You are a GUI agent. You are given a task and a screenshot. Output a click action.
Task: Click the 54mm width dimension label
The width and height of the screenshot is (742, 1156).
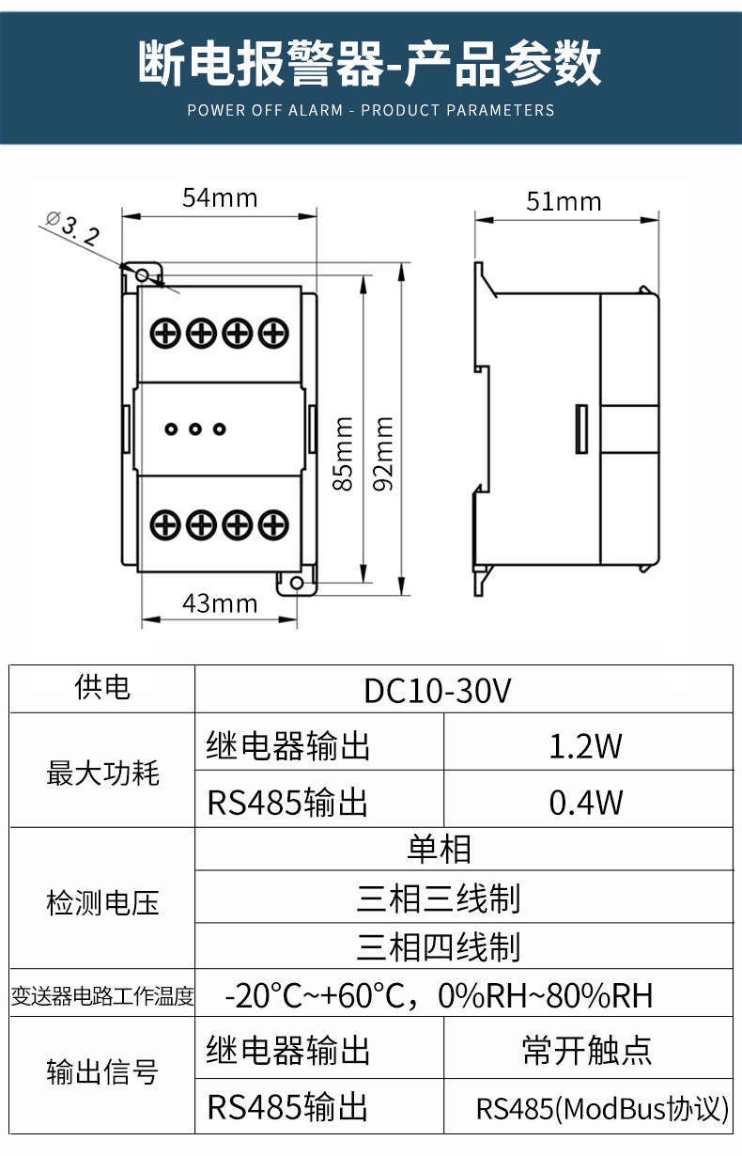pos(220,197)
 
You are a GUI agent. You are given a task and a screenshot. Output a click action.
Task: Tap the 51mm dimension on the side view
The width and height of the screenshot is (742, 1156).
pos(564,201)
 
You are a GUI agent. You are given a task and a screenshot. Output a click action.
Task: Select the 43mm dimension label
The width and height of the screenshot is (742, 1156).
pos(220,602)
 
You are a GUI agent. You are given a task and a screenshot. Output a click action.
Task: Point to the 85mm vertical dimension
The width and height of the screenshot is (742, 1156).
pos(345,453)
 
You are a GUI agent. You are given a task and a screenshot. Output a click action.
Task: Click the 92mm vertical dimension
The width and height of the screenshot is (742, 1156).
pos(383,453)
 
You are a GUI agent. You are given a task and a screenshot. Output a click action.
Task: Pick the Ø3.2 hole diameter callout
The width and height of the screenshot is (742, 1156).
pos(71,229)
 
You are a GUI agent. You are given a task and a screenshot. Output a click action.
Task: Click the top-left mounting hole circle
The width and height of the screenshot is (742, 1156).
pos(143,274)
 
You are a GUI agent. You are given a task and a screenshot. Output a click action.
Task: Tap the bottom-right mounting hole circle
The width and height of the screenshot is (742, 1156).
pos(296,584)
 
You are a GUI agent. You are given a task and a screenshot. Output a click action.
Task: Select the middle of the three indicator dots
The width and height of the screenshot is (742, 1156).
pos(195,430)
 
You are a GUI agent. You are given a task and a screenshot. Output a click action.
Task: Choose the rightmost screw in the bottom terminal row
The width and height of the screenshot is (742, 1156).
pos(272,523)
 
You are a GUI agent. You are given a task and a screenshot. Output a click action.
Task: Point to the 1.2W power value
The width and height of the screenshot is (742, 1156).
pos(586,745)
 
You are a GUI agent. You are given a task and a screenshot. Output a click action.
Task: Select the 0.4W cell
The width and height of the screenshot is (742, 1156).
pos(586,802)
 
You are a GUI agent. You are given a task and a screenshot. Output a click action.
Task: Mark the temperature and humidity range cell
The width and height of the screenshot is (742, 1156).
pos(438,994)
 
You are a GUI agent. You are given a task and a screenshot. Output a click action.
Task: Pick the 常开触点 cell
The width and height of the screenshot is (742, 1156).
pos(586,1050)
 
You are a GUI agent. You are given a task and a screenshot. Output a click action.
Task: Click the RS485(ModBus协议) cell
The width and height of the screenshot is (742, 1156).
pos(602,1108)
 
